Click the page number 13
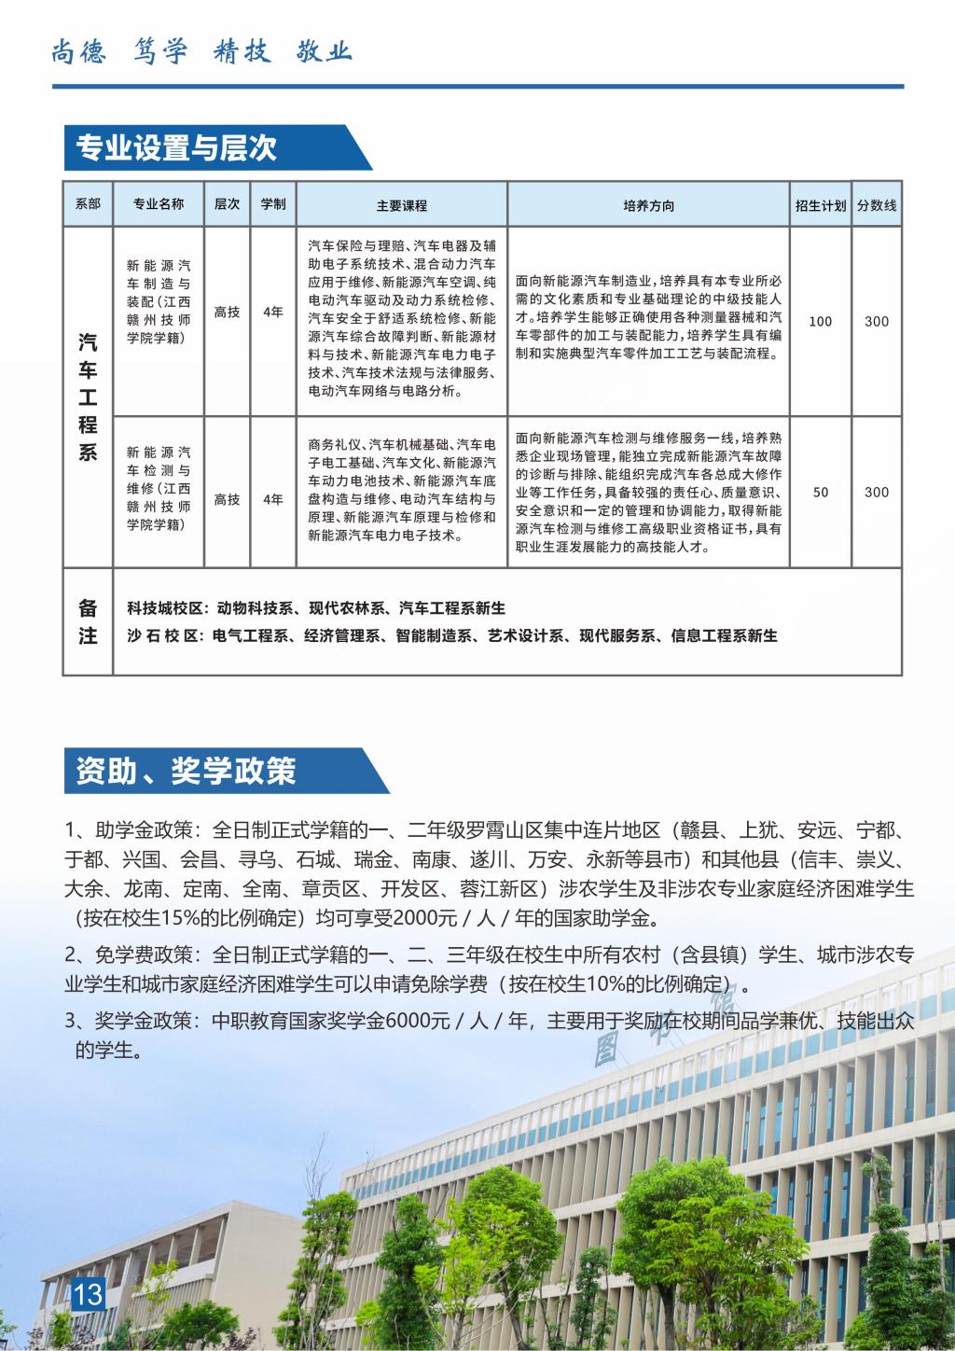pyautogui.click(x=89, y=1294)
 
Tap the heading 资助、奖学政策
pyautogui.click(x=186, y=771)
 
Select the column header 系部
pyautogui.click(x=88, y=204)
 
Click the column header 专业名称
pyautogui.click(x=159, y=204)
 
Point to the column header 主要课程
pyautogui.click(x=402, y=205)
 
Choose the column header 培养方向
pyautogui.click(x=648, y=205)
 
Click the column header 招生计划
pyautogui.click(x=821, y=205)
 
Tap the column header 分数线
pyautogui.click(x=877, y=205)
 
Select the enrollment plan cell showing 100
pyautogui.click(x=821, y=321)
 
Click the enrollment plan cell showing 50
pyautogui.click(x=821, y=492)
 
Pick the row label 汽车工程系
pyautogui.click(x=88, y=397)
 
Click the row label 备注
pyautogui.click(x=88, y=621)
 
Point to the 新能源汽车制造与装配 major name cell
pyautogui.click(x=159, y=302)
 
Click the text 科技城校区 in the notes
pyautogui.click(x=164, y=608)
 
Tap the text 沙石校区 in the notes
pyautogui.click(x=164, y=636)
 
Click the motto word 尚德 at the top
pyautogui.click(x=77, y=51)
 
